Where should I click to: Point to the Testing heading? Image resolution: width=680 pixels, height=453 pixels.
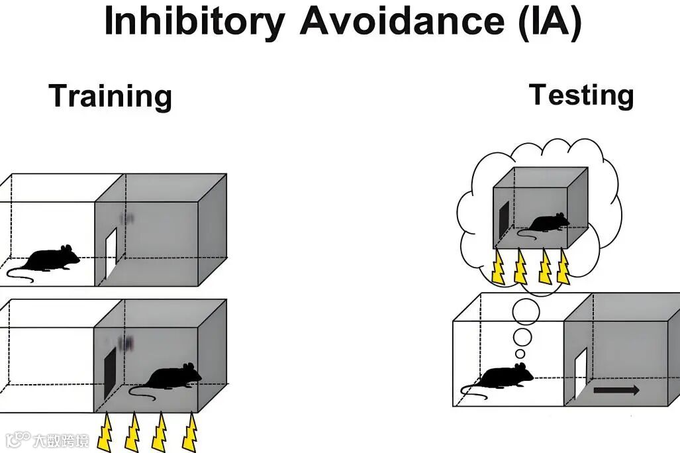tap(581, 95)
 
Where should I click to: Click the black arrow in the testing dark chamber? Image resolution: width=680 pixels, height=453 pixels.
tap(616, 390)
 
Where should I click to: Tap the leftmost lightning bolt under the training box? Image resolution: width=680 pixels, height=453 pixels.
tap(105, 432)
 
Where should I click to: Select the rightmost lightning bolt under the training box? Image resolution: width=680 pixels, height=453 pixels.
tap(190, 432)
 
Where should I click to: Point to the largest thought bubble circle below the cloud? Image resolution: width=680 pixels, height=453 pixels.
tap(526, 311)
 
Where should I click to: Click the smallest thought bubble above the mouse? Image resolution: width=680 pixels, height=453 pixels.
tap(520, 354)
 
